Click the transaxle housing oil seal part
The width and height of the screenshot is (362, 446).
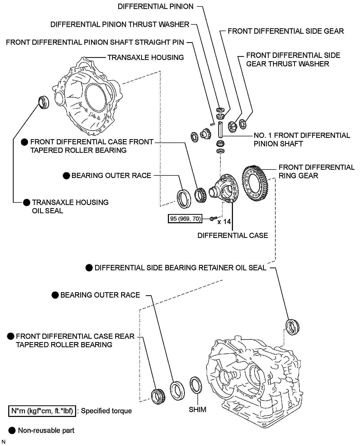[44, 102]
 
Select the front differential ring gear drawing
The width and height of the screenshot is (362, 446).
[255, 183]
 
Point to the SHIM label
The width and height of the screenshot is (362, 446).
[197, 409]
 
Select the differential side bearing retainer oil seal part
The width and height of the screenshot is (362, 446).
[293, 327]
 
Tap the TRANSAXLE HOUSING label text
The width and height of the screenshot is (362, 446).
[146, 57]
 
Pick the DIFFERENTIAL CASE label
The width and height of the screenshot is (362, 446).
[233, 235]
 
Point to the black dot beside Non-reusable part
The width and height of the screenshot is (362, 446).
[12, 430]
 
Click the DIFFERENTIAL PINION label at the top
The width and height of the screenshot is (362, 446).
[156, 7]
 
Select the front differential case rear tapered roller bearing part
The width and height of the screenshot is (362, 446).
[157, 396]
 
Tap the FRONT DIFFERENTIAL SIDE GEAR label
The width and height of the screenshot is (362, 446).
[286, 31]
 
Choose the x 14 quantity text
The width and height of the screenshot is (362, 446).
[224, 221]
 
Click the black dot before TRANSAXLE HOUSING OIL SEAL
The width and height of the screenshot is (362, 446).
[26, 203]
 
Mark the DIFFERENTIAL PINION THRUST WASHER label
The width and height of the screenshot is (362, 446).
[120, 24]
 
